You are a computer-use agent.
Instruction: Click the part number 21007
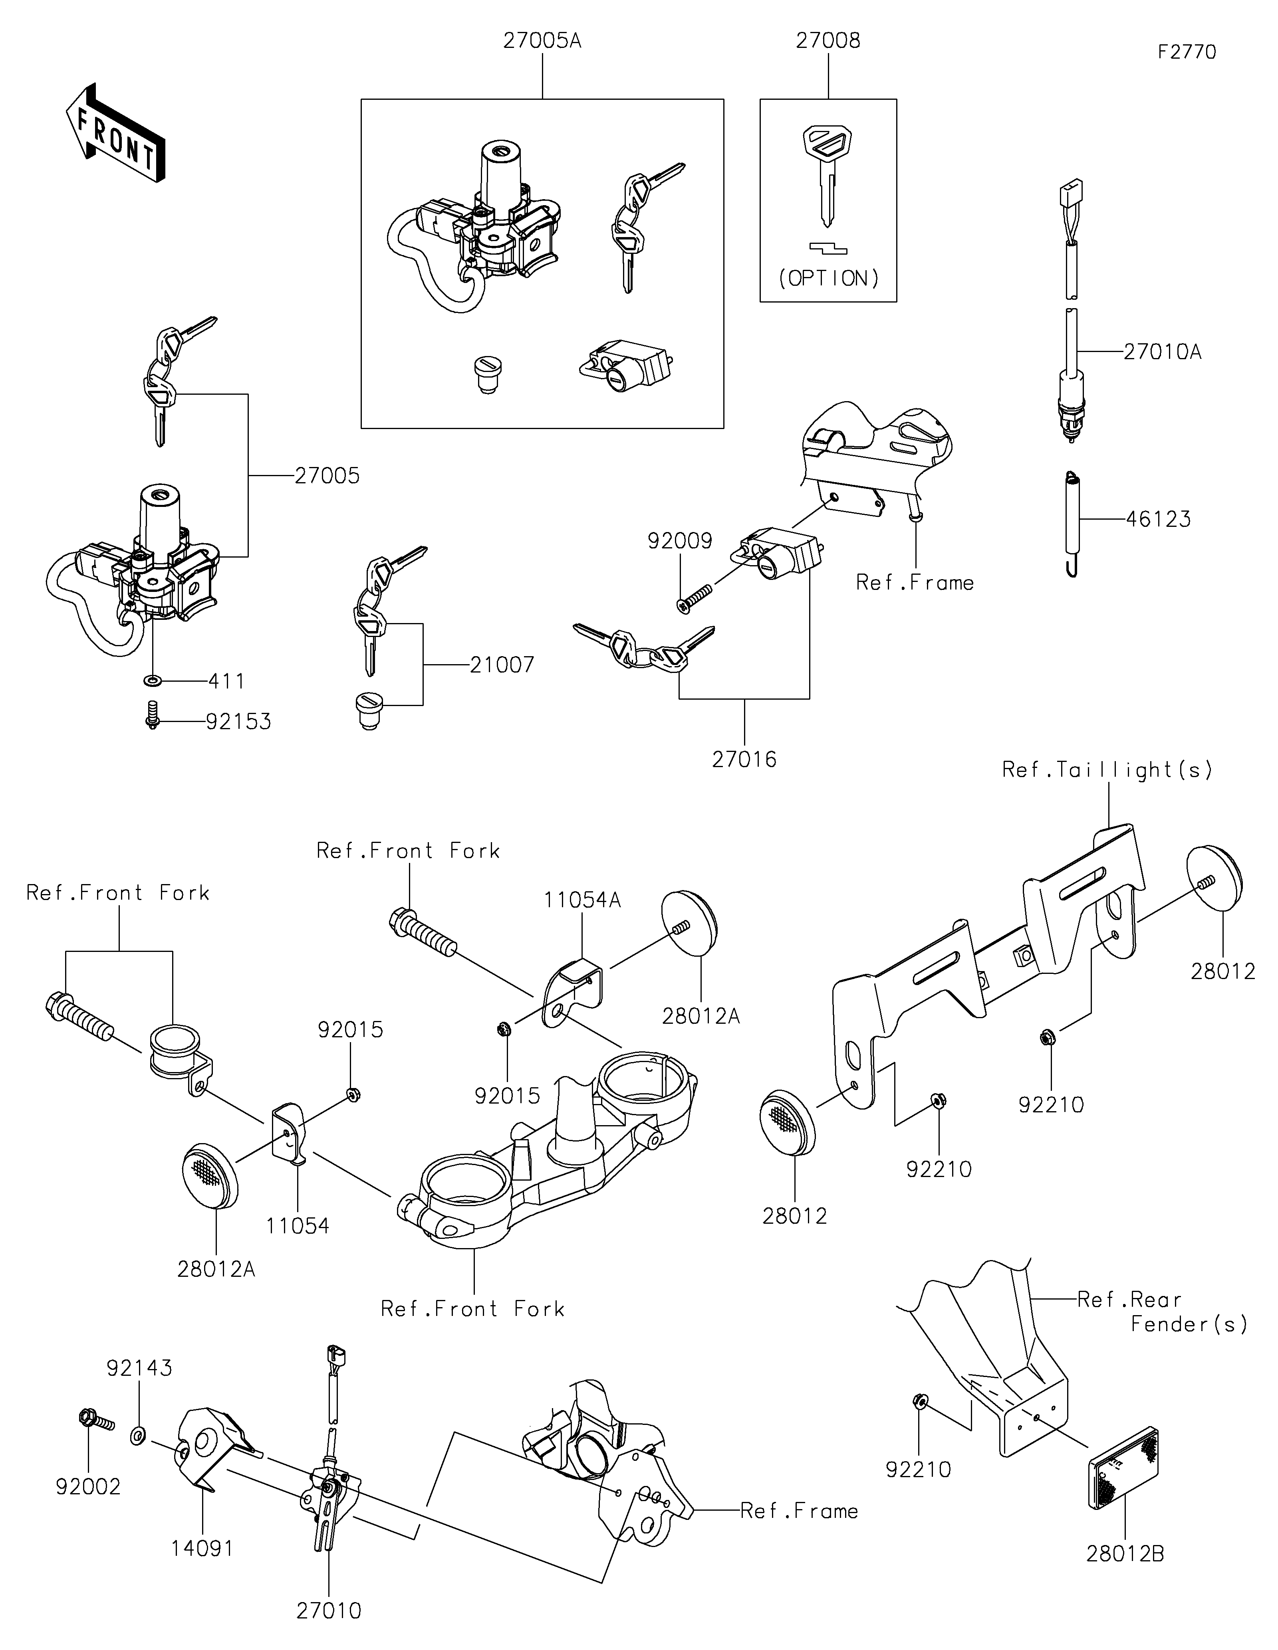(x=502, y=665)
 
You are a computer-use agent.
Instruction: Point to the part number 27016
(x=744, y=759)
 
